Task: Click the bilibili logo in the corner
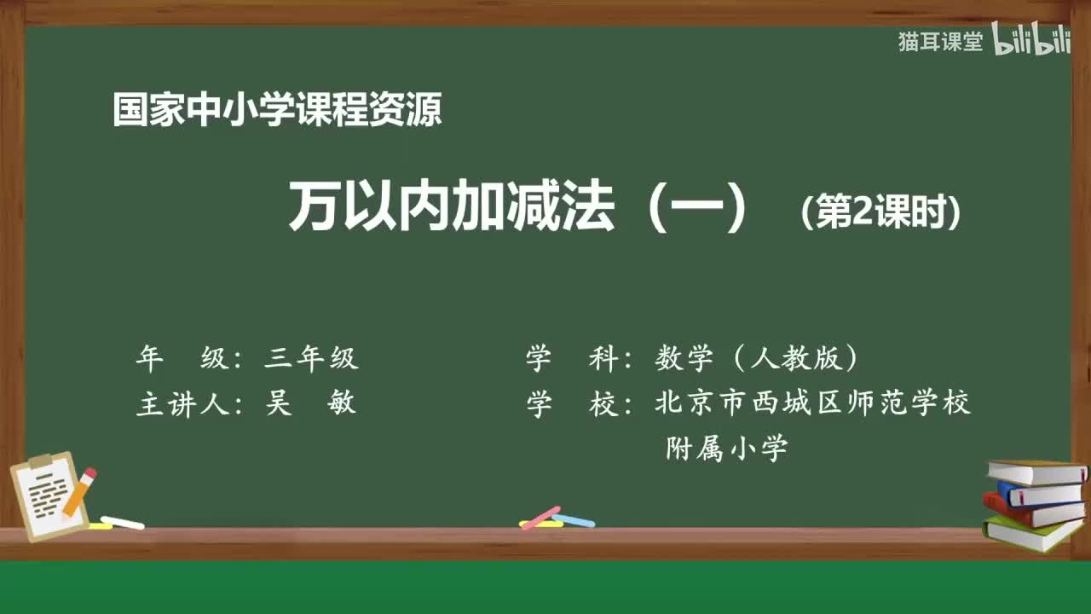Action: tap(1030, 41)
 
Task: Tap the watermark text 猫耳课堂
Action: tap(940, 42)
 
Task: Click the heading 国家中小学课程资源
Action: tap(277, 110)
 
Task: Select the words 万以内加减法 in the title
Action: tap(452, 209)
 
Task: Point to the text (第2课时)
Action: tap(881, 213)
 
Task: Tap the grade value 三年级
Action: tap(311, 359)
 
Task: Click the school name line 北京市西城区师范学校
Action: tap(812, 403)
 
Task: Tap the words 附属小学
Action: tap(726, 449)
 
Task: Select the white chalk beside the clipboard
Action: tap(122, 522)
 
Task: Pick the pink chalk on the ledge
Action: tap(540, 517)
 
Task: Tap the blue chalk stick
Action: tap(574, 520)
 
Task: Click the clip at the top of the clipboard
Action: tap(40, 461)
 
